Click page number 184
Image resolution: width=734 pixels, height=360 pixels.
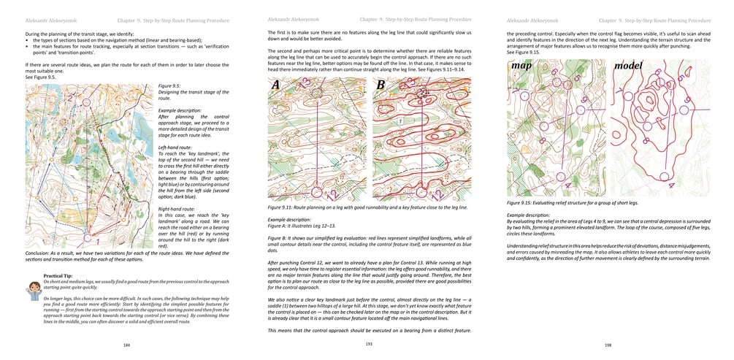click(127, 344)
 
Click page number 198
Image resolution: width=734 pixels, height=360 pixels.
click(608, 344)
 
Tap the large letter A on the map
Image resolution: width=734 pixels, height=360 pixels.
click(275, 85)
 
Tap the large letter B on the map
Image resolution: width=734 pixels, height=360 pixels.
click(381, 85)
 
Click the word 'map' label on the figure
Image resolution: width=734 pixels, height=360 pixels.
click(521, 66)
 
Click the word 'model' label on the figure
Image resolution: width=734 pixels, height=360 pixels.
click(628, 66)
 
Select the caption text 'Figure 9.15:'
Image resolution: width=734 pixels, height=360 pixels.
click(523, 203)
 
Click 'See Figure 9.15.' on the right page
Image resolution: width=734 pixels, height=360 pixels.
click(523, 53)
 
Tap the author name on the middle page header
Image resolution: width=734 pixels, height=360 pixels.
click(288, 18)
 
